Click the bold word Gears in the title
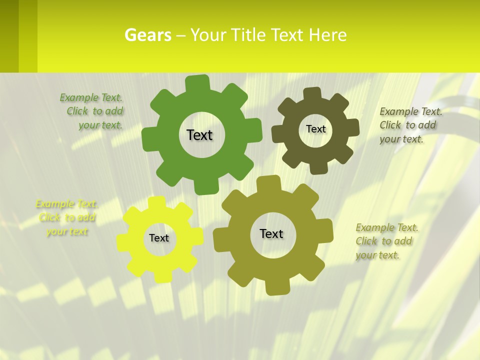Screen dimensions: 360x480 click(x=147, y=35)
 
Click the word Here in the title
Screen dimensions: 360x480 click(x=327, y=35)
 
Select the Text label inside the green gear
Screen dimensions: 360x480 click(x=199, y=135)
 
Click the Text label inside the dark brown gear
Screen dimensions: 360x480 click(x=315, y=129)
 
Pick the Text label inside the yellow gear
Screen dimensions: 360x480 click(x=159, y=238)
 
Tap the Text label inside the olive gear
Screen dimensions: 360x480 click(x=271, y=234)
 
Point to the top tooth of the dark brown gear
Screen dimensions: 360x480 click(x=312, y=94)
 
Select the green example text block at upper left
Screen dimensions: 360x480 click(x=92, y=111)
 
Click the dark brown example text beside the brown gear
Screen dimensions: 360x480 click(x=410, y=125)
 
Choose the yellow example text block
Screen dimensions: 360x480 click(x=66, y=217)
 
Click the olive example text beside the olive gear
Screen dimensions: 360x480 click(x=386, y=241)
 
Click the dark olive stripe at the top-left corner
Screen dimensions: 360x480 click(x=9, y=35)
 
